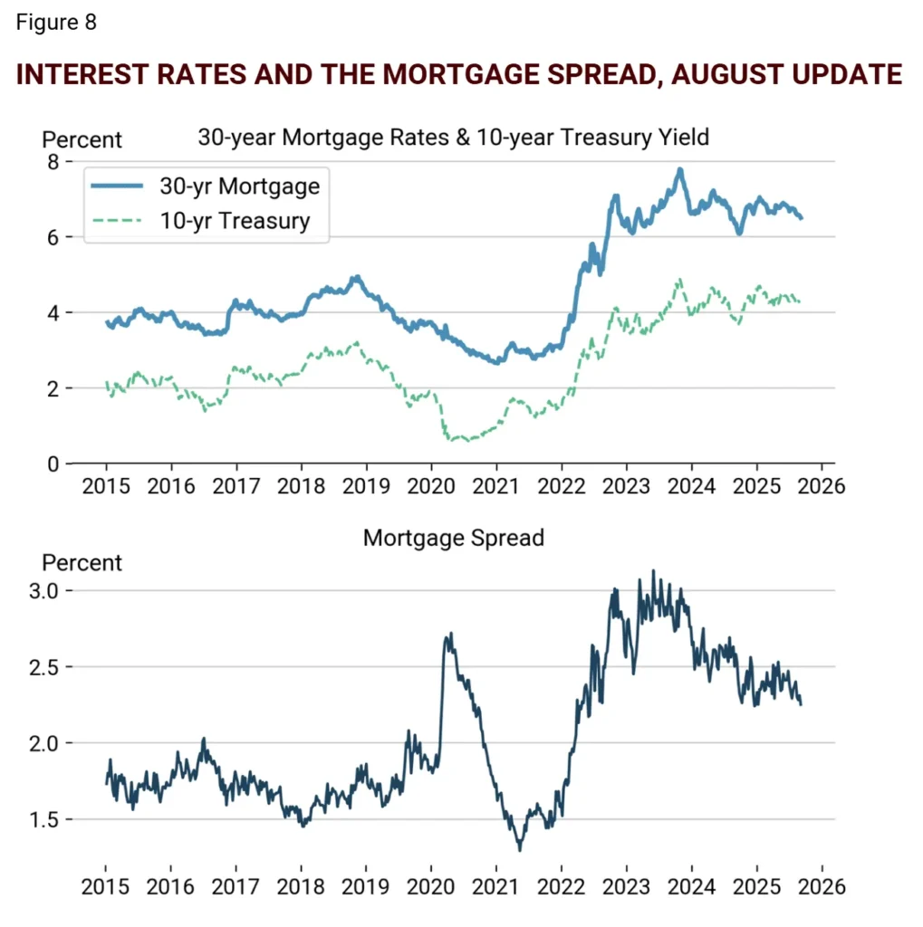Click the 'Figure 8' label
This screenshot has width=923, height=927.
click(56, 23)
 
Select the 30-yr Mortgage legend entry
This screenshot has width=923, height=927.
click(239, 186)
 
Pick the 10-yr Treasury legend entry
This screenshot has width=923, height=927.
click(235, 220)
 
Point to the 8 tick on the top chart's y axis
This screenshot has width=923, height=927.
click(53, 161)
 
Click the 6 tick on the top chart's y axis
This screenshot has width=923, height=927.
click(53, 237)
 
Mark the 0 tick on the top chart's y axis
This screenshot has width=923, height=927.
click(53, 463)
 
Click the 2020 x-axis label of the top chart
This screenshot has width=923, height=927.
click(431, 486)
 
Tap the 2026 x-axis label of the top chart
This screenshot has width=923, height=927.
click(821, 486)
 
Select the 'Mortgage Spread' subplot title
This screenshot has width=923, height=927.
click(453, 538)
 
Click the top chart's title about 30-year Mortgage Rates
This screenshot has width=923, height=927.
click(453, 138)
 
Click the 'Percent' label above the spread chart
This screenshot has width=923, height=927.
click(82, 562)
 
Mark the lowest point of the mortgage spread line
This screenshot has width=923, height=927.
click(520, 849)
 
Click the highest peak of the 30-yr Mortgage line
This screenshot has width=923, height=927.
click(679, 169)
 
